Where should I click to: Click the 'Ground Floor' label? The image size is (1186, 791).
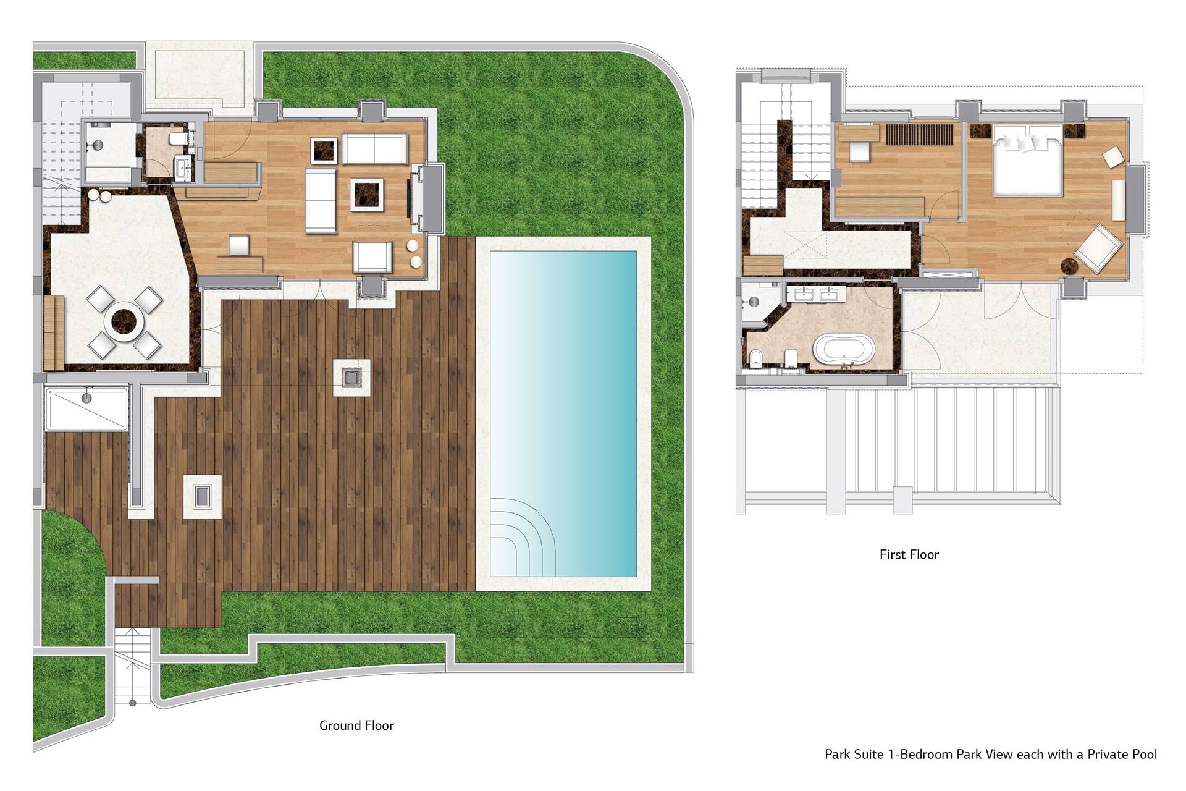point(356,725)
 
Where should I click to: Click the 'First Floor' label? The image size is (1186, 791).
point(909,554)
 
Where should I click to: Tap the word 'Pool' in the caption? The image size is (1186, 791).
point(1143,754)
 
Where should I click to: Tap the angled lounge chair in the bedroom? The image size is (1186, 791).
point(1098,249)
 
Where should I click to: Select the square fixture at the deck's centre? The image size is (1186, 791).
point(351,377)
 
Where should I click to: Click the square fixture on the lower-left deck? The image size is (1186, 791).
point(202,496)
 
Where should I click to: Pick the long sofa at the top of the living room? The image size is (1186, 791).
point(374,149)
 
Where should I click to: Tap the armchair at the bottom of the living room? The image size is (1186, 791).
point(372,256)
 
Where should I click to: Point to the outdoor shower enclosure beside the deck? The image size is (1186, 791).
point(86,408)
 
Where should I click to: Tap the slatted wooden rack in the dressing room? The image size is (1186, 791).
point(919,134)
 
